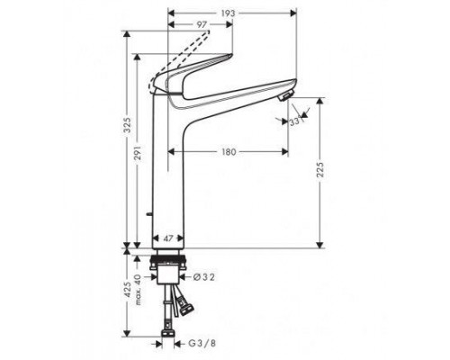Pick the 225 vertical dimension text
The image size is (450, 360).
click(x=321, y=172)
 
